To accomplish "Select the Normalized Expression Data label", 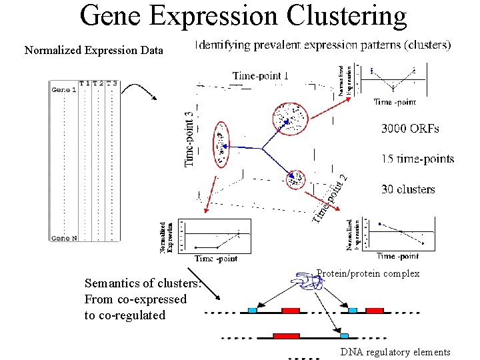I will pos(93,50).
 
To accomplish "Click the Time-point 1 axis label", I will pos(261,75).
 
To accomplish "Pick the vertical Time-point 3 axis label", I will pos(191,138).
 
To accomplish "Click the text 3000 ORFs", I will pos(410,128).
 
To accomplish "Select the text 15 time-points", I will pos(417,159).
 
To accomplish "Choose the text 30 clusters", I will pos(408,189).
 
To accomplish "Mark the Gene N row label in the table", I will pos(64,238).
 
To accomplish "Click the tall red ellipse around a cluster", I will pos(221,144).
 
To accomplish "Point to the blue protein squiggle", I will pos(309,282).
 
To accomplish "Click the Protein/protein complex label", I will pos(367,273).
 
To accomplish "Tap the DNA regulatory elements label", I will pos(395,352).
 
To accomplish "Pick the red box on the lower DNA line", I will pos(287,335).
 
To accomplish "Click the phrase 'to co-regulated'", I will pos(125,315).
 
